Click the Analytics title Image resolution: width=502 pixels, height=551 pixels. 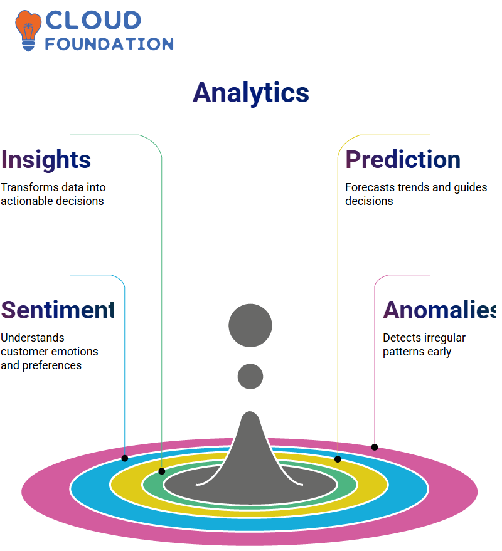pyautogui.click(x=250, y=93)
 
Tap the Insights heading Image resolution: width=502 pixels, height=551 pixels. pyautogui.click(x=46, y=160)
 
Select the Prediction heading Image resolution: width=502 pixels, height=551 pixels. pyautogui.click(x=403, y=160)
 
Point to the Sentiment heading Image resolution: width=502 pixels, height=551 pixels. pyautogui.click(x=57, y=310)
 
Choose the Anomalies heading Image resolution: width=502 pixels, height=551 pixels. pyautogui.click(x=439, y=310)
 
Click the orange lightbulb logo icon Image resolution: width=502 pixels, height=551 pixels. pyautogui.click(x=28, y=31)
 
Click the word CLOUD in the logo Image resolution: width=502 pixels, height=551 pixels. pyautogui.click(x=93, y=20)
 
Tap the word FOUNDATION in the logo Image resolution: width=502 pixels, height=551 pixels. pyautogui.click(x=109, y=44)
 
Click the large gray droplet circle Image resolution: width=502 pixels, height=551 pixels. pyautogui.click(x=250, y=325)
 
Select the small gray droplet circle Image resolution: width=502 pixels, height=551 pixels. pyautogui.click(x=250, y=376)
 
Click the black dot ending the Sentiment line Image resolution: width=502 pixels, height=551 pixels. pyautogui.click(x=124, y=458)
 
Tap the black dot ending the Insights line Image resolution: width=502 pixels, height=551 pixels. pyautogui.click(x=162, y=471)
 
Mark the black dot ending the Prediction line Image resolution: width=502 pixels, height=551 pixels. pyautogui.click(x=338, y=459)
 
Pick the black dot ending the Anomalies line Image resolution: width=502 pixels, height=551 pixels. pyautogui.click(x=375, y=447)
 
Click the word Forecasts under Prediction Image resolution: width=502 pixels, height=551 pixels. pyautogui.click(x=370, y=187)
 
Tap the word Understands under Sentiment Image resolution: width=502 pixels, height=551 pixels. pyautogui.click(x=33, y=338)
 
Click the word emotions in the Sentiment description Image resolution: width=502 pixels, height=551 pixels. pyautogui.click(x=75, y=352)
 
